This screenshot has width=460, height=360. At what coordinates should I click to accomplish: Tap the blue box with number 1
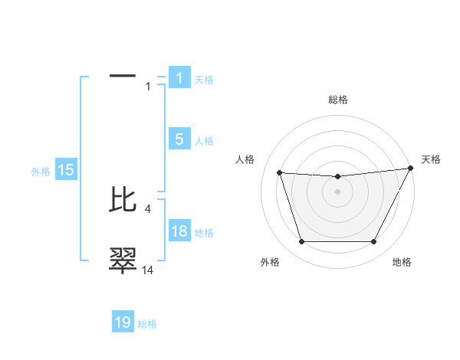tap(179, 77)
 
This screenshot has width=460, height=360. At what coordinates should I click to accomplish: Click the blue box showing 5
tap(179, 139)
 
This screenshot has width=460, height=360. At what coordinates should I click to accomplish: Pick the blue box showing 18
tap(179, 231)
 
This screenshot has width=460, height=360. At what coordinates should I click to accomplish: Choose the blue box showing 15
tap(66, 171)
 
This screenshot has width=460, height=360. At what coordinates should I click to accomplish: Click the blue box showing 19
tap(123, 322)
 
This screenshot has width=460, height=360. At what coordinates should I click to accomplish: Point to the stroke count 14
tap(148, 270)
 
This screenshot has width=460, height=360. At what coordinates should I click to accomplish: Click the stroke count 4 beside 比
tap(146, 208)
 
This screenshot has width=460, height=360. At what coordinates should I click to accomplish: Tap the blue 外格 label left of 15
tap(41, 172)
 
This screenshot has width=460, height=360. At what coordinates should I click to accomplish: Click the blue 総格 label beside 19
tap(148, 324)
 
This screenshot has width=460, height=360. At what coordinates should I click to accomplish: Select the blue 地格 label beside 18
tap(204, 232)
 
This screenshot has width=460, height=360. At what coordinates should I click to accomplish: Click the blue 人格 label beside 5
tap(204, 141)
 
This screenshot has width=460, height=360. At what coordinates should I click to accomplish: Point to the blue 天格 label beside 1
tap(204, 79)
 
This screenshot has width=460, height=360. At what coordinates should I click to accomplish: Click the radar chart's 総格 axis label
tap(338, 100)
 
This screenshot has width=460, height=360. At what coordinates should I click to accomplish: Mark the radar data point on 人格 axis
tap(279, 172)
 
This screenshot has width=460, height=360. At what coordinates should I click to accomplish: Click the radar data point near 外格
tap(301, 242)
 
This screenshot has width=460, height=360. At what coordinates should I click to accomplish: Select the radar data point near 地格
tap(374, 242)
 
